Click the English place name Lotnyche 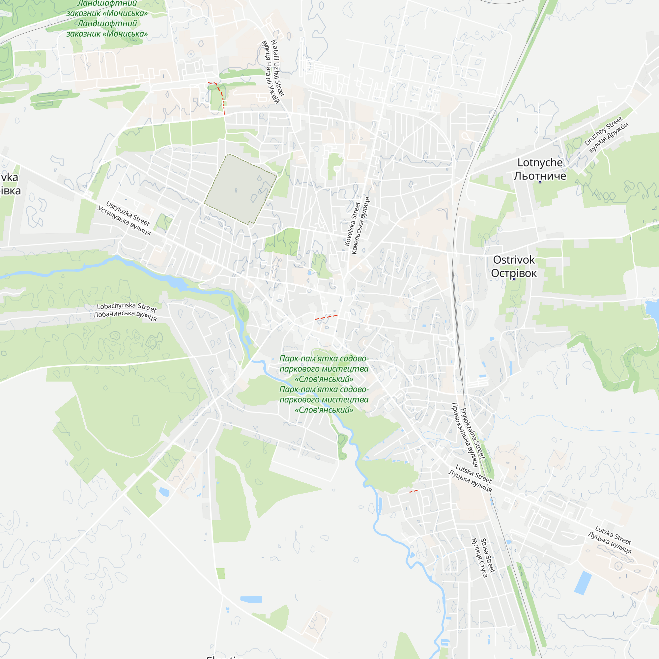(x=540, y=163)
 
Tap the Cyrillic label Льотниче (x=540, y=176)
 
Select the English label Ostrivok (x=514, y=260)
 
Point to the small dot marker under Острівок (x=514, y=279)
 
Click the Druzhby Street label (x=603, y=131)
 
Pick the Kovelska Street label (x=352, y=224)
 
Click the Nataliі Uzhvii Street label (x=278, y=68)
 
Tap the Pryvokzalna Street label (x=473, y=433)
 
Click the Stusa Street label (x=487, y=555)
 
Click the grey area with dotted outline (x=240, y=189)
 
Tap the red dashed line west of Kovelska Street (x=326, y=317)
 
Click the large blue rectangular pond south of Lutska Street (x=583, y=583)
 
